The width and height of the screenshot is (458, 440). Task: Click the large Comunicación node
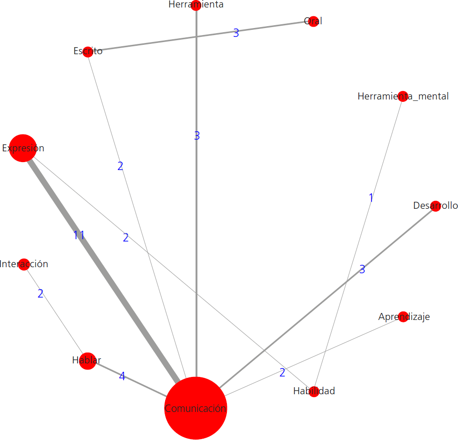coord(196,408)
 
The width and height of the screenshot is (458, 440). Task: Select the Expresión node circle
coord(22,148)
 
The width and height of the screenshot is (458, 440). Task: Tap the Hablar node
coord(87,361)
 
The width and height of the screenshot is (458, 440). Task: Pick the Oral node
coord(313,21)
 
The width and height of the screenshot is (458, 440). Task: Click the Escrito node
coord(87,51)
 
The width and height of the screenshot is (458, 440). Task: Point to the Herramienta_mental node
coord(403,96)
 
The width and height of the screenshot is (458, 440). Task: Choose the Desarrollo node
coord(436,206)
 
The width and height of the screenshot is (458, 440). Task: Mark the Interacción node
coord(24,264)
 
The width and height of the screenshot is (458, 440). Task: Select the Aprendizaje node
coord(403,317)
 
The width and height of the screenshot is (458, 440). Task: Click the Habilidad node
coord(314,391)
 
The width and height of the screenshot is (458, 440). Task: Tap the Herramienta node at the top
coord(196,5)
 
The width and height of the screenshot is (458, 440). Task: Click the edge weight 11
coord(79,235)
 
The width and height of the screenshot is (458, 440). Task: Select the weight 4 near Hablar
coord(122,376)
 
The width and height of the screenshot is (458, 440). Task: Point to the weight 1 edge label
coord(371,198)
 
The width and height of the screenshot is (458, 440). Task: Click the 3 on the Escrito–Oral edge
coord(236,33)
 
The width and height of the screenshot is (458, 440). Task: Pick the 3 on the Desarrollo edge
coord(362,270)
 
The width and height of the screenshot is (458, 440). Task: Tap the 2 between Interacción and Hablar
coord(41,294)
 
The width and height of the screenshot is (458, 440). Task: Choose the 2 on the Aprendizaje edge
coord(282,373)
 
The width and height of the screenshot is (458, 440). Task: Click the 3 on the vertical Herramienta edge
coord(197,136)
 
